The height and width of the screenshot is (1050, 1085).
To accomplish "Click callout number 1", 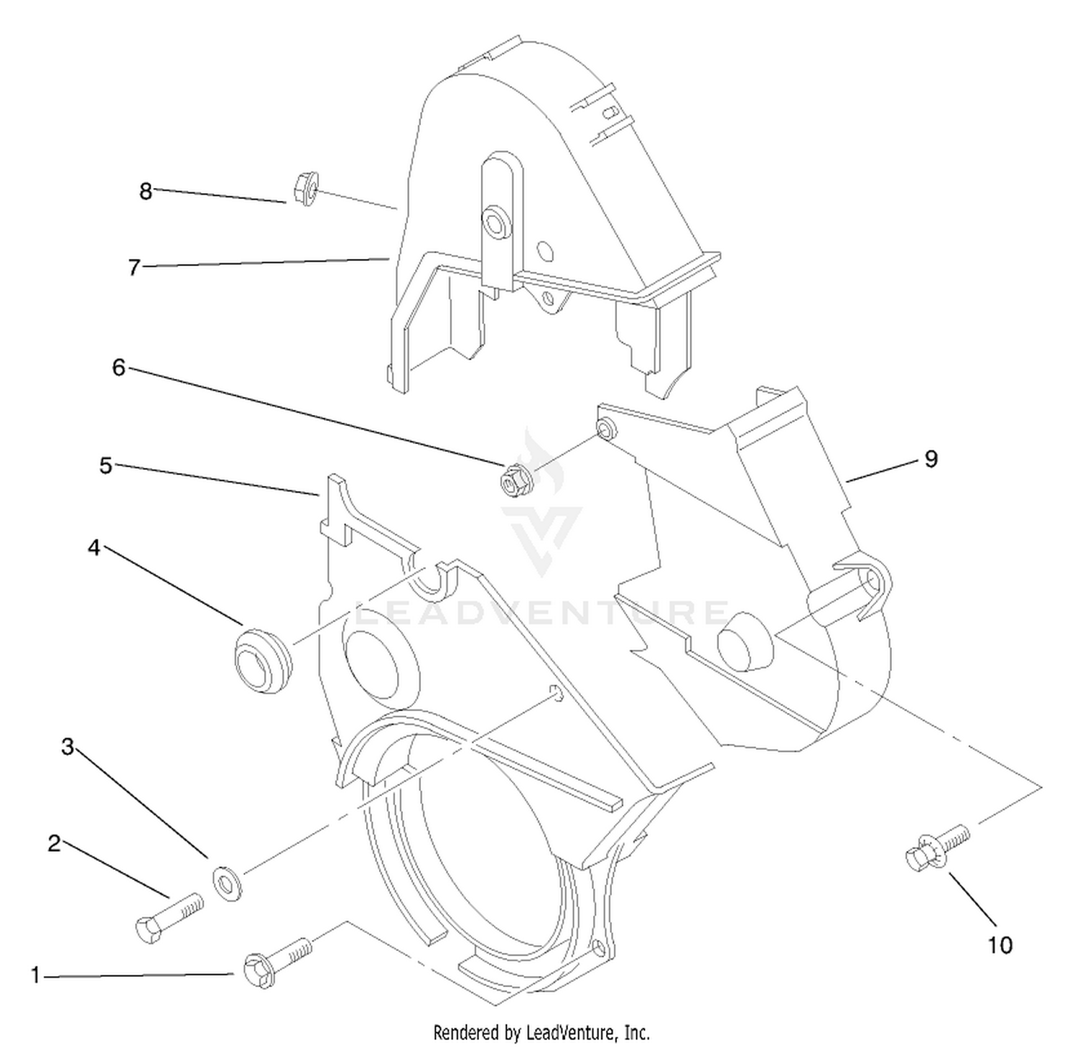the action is coord(35,976).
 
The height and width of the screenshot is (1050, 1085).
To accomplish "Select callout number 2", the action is coord(54,843).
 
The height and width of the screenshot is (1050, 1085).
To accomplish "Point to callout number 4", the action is coord(94,548).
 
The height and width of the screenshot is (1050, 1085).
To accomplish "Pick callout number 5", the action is coord(106,466).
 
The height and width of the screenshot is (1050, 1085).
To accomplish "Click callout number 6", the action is coord(119,368).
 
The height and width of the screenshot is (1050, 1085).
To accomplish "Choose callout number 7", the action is coord(134,268).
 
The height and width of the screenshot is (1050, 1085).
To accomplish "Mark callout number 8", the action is coord(146,192).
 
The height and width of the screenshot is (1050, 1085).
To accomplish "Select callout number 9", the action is coord(931,459).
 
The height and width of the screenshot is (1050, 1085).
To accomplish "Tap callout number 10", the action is coord(1000,945).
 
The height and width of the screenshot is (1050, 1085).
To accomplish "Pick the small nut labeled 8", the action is coord(305,188).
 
